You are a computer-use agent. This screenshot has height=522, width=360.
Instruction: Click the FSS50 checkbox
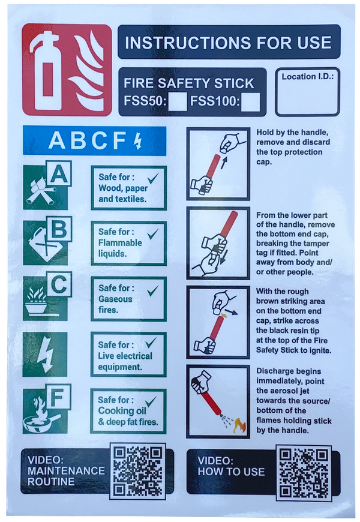(178, 102)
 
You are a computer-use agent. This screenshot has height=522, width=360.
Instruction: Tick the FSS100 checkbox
(250, 102)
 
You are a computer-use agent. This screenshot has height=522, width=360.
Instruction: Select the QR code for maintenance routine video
(138, 471)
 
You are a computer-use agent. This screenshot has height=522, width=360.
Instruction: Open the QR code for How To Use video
(304, 473)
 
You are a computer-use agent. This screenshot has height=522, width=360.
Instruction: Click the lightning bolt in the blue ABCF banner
(137, 141)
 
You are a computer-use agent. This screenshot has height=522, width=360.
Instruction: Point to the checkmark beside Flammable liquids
(153, 234)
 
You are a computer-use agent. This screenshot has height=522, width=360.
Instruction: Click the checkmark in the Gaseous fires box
(153, 291)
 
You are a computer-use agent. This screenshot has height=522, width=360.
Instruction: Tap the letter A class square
(59, 173)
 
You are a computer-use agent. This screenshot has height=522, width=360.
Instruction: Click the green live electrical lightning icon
(45, 354)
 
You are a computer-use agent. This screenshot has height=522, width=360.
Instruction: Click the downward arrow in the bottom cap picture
(224, 256)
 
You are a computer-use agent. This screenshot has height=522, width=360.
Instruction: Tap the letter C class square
(59, 284)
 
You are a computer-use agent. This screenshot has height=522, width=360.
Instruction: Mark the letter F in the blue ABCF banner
(119, 141)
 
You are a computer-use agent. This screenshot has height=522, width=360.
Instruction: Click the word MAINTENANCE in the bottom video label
(66, 471)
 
